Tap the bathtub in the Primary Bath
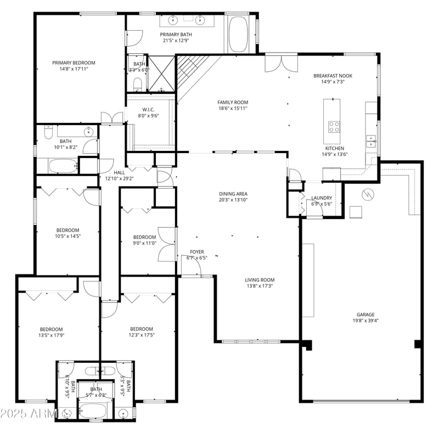[238, 33]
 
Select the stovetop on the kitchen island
[334, 127]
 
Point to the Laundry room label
[322, 198]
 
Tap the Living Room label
[259, 280]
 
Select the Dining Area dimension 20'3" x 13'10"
[233, 200]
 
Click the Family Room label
[233, 102]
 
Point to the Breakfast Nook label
[333, 76]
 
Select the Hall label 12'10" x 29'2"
[119, 172]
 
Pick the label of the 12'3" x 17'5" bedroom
[141, 329]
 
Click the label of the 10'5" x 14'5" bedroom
[68, 230]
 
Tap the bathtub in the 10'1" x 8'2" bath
[63, 165]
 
